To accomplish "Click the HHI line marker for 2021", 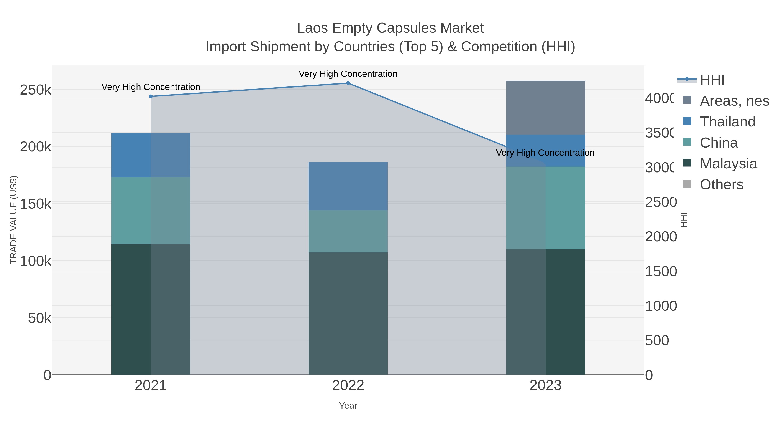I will [x=151, y=96].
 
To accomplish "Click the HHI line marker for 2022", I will [x=348, y=83].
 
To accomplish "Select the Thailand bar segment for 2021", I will [x=151, y=155].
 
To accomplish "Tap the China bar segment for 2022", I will [x=348, y=231].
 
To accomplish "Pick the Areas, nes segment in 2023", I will [x=545, y=108].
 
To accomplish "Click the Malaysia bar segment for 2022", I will [x=348, y=313].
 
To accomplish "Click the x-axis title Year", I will [x=348, y=406].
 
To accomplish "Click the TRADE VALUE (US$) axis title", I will [x=14, y=220].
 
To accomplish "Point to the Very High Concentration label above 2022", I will [x=348, y=74].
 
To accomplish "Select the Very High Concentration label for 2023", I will [x=545, y=153].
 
